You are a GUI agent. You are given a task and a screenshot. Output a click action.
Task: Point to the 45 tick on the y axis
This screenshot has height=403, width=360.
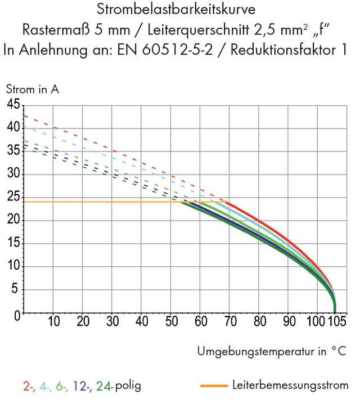[13, 105]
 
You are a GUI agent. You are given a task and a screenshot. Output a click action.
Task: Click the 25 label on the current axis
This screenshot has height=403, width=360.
[13, 198]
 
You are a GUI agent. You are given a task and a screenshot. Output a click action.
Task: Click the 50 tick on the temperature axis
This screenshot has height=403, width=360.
[171, 322]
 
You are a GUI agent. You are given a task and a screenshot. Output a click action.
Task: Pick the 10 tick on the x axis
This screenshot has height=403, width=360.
[53, 322]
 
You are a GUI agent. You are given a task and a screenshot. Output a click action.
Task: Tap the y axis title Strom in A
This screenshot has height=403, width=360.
[32, 89]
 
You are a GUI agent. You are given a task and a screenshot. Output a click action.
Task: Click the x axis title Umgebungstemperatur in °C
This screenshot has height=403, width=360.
[271, 352]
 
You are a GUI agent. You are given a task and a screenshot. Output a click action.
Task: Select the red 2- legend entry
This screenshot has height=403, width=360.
[30, 386]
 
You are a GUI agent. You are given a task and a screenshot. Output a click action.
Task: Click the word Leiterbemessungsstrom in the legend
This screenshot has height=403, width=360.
[290, 386]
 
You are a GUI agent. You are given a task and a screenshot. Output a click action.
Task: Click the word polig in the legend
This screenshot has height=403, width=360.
[128, 387]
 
